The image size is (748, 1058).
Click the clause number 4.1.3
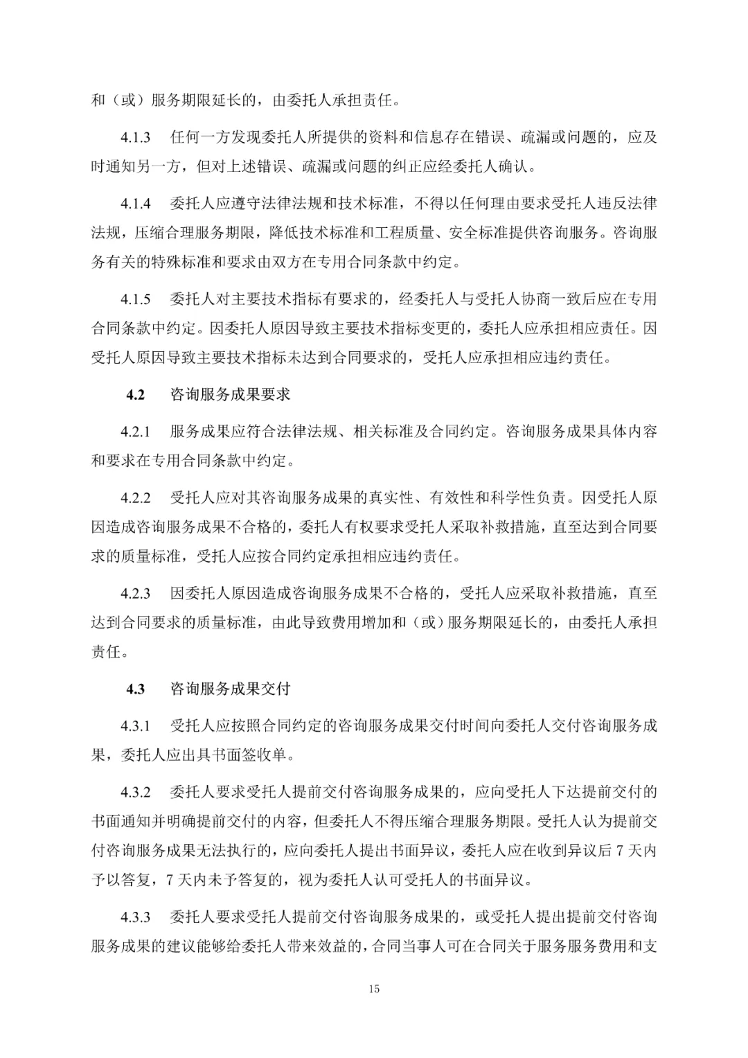tap(136, 137)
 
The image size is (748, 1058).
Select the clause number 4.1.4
tap(136, 204)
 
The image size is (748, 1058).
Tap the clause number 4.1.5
tap(136, 299)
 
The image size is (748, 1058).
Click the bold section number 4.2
tap(135, 395)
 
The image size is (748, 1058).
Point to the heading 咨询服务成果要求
tap(230, 395)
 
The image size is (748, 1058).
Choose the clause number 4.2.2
tap(136, 498)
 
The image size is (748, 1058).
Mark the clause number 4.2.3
tap(136, 594)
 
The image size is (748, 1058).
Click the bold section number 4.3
tap(135, 689)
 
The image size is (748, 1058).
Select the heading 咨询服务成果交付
tap(230, 689)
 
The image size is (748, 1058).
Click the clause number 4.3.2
tap(136, 793)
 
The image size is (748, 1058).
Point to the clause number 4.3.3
tap(136, 918)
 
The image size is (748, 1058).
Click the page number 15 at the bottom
tap(374, 989)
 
